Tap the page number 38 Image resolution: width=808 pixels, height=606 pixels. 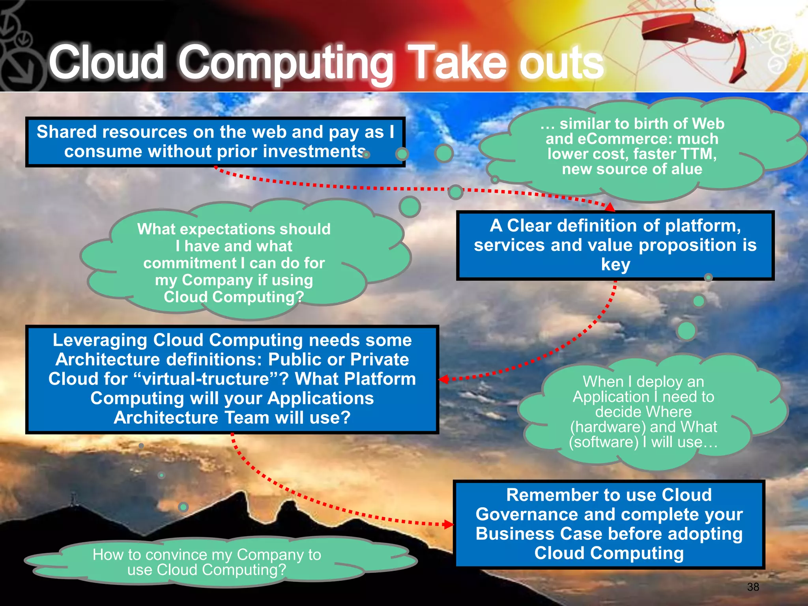(x=753, y=587)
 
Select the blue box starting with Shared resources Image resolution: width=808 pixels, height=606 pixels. (x=215, y=142)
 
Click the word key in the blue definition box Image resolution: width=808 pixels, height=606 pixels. (x=615, y=264)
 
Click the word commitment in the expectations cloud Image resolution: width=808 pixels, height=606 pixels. (x=189, y=263)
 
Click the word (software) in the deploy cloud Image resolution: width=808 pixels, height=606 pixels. (x=604, y=442)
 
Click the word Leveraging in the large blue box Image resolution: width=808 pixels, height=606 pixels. (x=100, y=340)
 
